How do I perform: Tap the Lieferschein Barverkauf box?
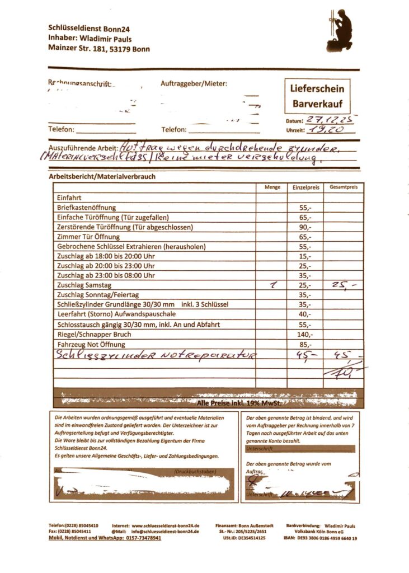pyautogui.click(x=317, y=96)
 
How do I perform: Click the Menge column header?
pyautogui.click(x=272, y=187)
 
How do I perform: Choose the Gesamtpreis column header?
pyautogui.click(x=343, y=187)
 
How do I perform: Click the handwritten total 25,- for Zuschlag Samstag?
pyautogui.click(x=342, y=285)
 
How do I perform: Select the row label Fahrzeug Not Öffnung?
pyautogui.click(x=91, y=344)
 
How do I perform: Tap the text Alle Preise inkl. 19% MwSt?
pyautogui.click(x=238, y=402)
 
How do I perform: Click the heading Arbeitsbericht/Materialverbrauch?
pyautogui.click(x=102, y=177)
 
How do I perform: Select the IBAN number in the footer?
pyautogui.click(x=327, y=538)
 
